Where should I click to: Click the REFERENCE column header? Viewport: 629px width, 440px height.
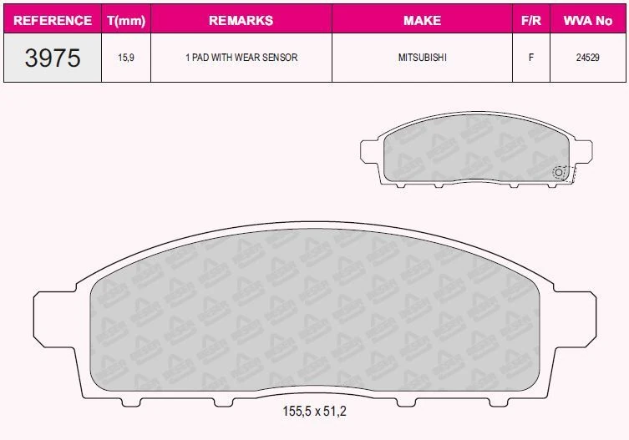(x=53, y=20)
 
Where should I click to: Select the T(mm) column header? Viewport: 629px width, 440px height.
(x=126, y=20)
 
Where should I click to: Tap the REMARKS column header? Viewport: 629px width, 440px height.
(x=241, y=20)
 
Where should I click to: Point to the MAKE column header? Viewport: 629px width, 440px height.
(x=422, y=20)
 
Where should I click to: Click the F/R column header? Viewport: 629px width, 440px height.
(x=530, y=20)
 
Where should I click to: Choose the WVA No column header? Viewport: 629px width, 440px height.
(x=588, y=20)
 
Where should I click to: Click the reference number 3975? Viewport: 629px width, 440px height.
(x=53, y=58)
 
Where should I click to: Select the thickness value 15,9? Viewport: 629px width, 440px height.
(x=126, y=58)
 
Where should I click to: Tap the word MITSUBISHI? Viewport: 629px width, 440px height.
(x=422, y=58)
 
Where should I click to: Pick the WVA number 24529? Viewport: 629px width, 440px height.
(x=588, y=58)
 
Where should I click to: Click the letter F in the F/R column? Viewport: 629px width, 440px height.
(x=530, y=58)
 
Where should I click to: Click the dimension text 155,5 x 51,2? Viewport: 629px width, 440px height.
(x=314, y=411)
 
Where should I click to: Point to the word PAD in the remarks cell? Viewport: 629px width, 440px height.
(x=200, y=58)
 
